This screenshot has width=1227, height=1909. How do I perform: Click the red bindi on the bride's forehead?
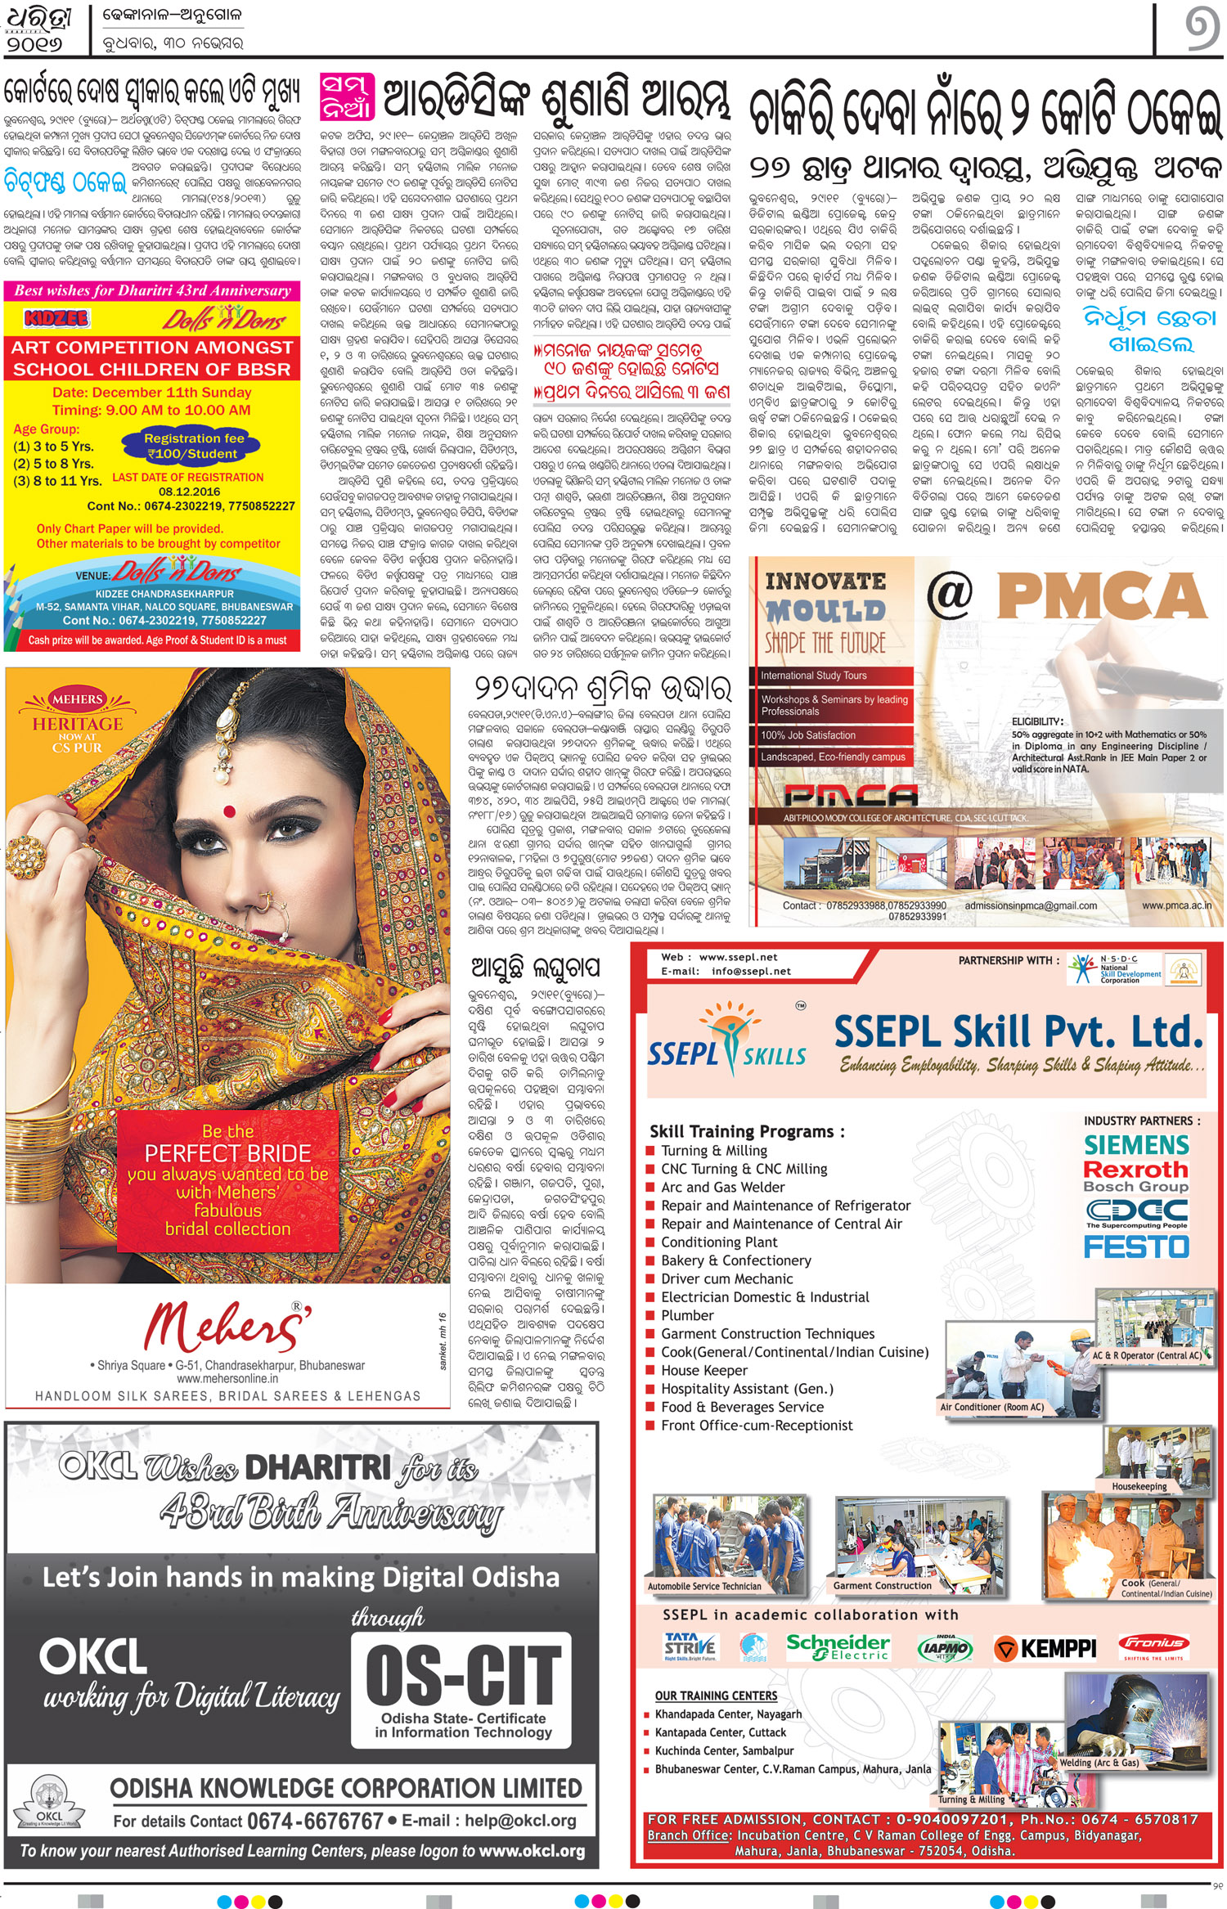pyautogui.click(x=229, y=811)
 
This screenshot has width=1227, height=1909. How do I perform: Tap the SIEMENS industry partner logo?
pyautogui.click(x=1136, y=1144)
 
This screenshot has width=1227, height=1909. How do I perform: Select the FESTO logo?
pyautogui.click(x=1136, y=1246)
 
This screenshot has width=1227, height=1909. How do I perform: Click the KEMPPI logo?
pyautogui.click(x=1045, y=1648)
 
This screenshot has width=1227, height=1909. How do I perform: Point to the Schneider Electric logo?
pyautogui.click(x=837, y=1646)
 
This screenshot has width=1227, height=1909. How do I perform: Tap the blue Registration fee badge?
pyautogui.click(x=193, y=446)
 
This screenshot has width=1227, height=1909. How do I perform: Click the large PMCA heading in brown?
pyautogui.click(x=1102, y=596)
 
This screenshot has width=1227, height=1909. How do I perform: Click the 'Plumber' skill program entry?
pyautogui.click(x=687, y=1315)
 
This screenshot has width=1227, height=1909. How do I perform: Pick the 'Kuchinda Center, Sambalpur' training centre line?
pyautogui.click(x=724, y=1750)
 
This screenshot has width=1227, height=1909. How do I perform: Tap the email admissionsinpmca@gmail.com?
pyautogui.click(x=1031, y=905)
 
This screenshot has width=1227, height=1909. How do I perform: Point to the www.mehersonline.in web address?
pyautogui.click(x=227, y=1378)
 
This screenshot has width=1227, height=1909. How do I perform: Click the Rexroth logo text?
pyautogui.click(x=1135, y=1170)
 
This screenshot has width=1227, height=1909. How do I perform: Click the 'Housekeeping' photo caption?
pyautogui.click(x=1139, y=1486)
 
